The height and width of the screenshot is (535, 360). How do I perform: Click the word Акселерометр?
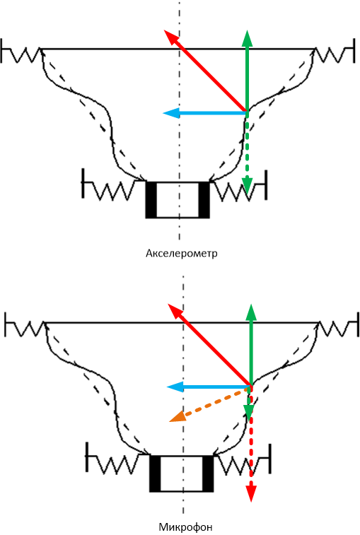coord(181,254)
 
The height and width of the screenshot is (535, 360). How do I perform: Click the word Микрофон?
coord(185,527)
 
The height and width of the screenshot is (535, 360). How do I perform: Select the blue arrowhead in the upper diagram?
coord(171,112)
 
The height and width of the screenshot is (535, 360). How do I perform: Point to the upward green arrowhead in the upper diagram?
coord(247,38)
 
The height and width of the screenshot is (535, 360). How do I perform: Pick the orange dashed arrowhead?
coord(177,416)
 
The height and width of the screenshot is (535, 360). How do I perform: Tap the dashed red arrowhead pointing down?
coord(251,494)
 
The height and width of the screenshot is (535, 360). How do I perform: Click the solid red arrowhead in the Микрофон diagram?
coord(175,310)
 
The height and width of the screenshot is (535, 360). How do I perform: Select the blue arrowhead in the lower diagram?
coord(175,387)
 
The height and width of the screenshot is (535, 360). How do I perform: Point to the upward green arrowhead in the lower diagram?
coord(251,312)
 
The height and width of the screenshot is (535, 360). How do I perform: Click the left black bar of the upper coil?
coord(151,199)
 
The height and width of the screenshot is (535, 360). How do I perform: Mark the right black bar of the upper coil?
coord(204,199)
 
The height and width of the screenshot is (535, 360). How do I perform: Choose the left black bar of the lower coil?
coord(155,474)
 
